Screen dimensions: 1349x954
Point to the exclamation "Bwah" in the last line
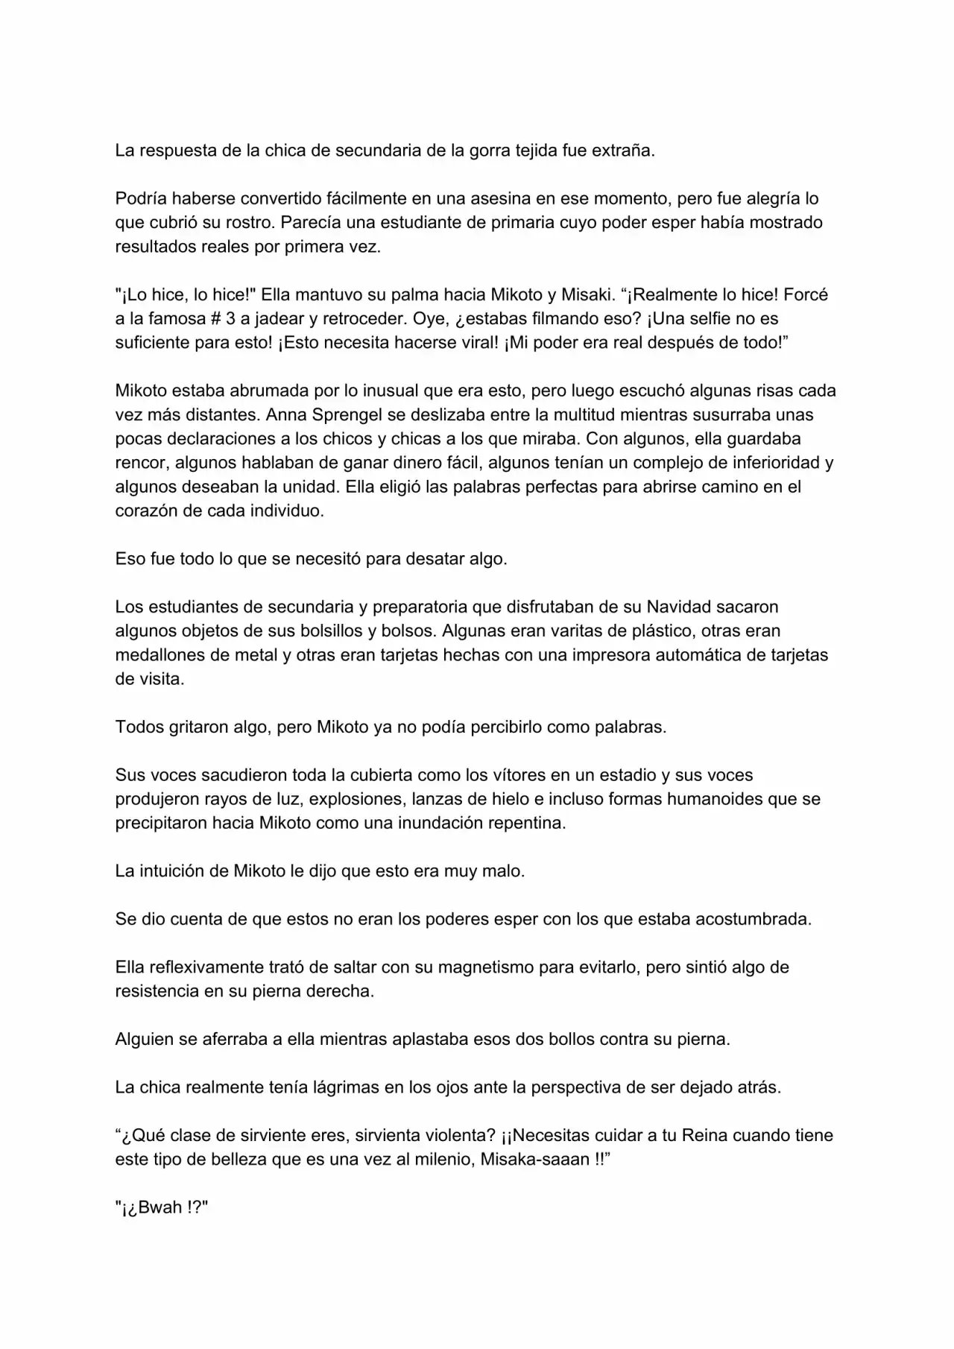pyautogui.click(x=159, y=1208)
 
